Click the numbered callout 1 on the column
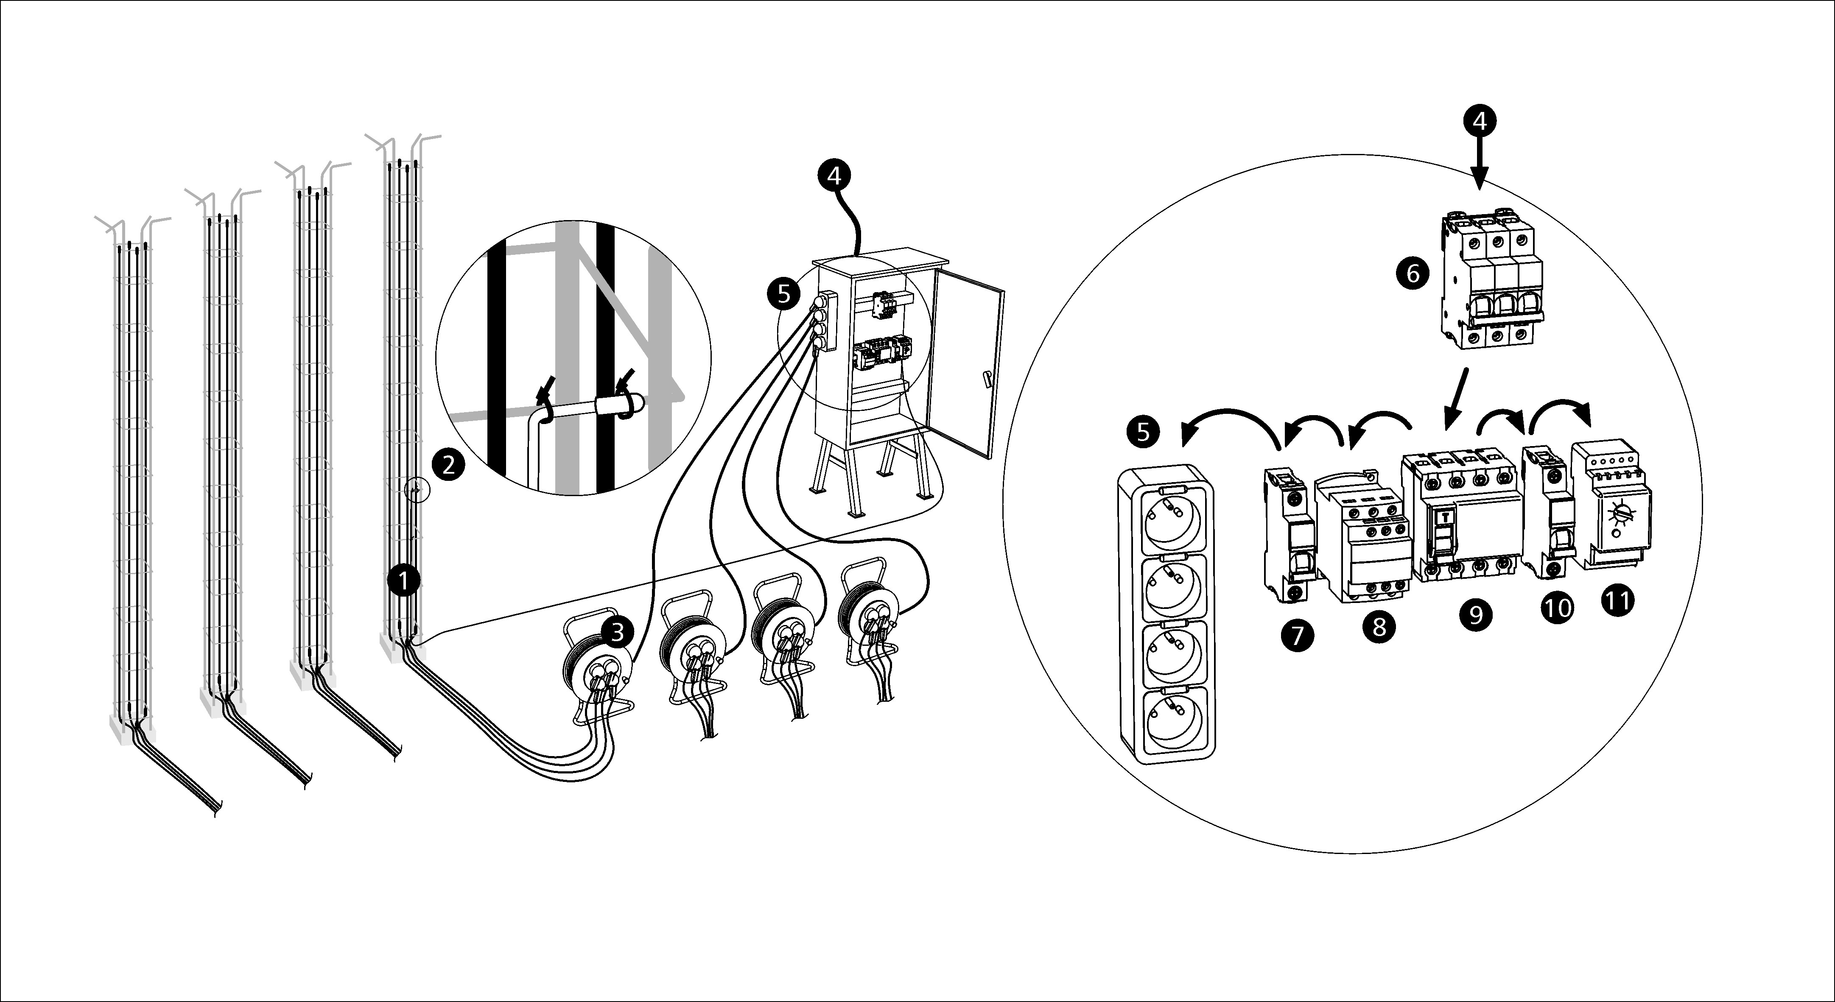point(404,581)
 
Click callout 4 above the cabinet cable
point(834,174)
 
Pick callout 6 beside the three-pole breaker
point(1413,272)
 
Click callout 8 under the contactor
point(1379,627)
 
